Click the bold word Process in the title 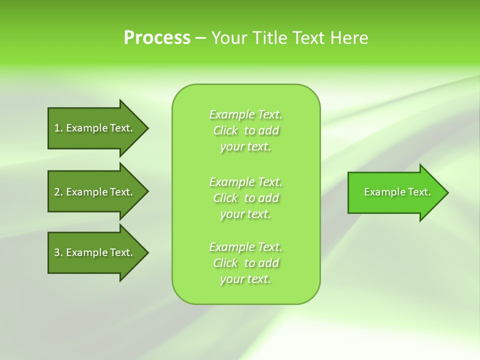(x=157, y=38)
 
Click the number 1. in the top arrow (x=58, y=128)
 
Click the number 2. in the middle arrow (x=58, y=192)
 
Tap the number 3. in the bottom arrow (x=58, y=252)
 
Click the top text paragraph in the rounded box (x=245, y=130)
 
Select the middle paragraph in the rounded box (x=245, y=197)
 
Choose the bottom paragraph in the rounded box (x=245, y=263)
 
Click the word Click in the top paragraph (x=225, y=130)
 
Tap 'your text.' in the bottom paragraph (x=245, y=279)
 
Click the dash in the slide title (x=201, y=38)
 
